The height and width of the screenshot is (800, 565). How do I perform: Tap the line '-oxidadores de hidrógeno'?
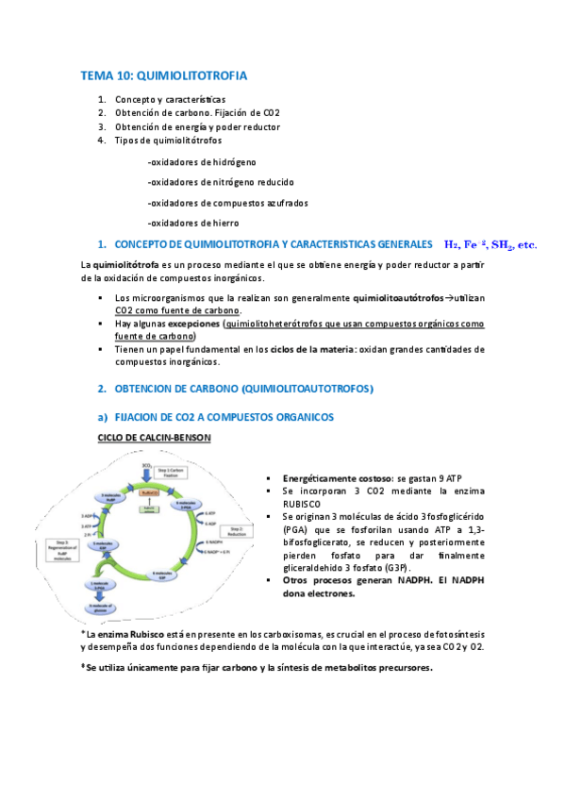(202, 162)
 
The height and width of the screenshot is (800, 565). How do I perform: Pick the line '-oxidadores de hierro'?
(192, 222)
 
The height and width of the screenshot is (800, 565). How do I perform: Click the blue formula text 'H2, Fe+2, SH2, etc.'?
(490, 244)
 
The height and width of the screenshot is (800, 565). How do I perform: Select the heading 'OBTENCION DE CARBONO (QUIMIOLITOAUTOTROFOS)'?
(244, 388)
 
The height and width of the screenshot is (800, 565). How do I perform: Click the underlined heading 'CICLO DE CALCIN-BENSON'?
(155, 438)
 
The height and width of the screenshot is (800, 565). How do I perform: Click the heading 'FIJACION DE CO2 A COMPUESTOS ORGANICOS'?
(223, 416)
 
